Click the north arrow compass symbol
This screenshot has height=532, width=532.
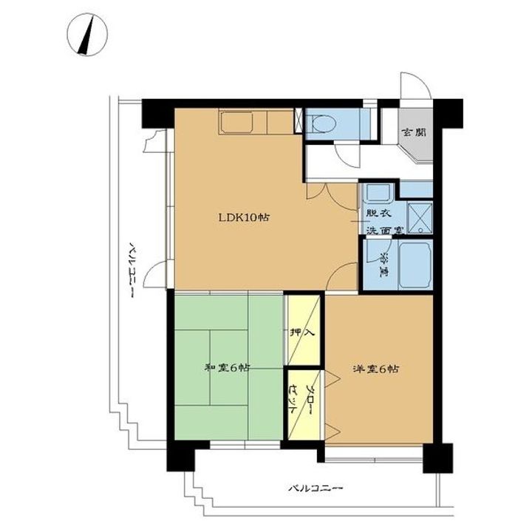[x=87, y=34]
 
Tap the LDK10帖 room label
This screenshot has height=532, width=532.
[x=244, y=217]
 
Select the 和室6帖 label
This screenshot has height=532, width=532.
[x=227, y=367]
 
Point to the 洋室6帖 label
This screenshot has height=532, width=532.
[x=375, y=369]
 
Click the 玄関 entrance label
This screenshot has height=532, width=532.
[x=414, y=132]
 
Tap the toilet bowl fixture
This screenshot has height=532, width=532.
[x=322, y=123]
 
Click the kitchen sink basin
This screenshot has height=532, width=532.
[x=237, y=122]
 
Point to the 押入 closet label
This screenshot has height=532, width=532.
[x=303, y=332]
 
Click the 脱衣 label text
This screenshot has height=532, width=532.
[x=379, y=214]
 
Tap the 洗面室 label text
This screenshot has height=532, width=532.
[x=385, y=230]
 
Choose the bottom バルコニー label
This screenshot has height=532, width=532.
[x=316, y=488]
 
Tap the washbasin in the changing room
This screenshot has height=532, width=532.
[x=378, y=193]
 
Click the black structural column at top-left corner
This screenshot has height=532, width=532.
[x=158, y=113]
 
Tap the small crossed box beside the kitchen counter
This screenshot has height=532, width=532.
[x=299, y=120]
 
